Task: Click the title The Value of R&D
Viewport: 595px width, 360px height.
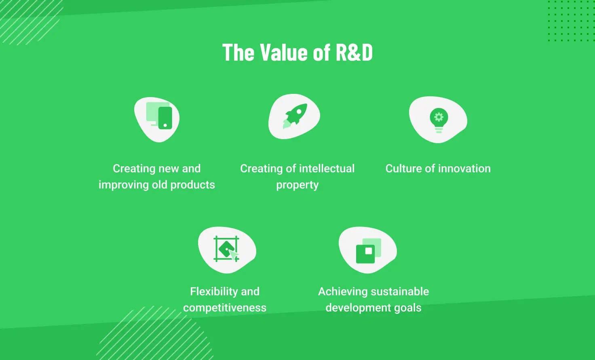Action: click(x=297, y=53)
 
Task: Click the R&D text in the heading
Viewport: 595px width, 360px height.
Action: click(x=354, y=53)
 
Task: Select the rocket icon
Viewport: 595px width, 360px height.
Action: click(x=295, y=116)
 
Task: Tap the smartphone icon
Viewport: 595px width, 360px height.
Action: click(x=165, y=118)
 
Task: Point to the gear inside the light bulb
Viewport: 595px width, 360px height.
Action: click(x=439, y=117)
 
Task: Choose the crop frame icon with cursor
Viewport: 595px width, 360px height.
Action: click(x=226, y=249)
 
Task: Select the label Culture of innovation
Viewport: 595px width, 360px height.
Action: click(x=438, y=168)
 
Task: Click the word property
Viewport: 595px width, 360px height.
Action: click(x=297, y=185)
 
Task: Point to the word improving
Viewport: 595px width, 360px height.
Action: click(x=123, y=185)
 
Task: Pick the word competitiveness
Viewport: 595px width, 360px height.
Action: click(x=225, y=308)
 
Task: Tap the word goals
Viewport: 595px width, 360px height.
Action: click(x=407, y=308)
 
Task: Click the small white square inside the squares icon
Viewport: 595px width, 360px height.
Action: click(x=368, y=251)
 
